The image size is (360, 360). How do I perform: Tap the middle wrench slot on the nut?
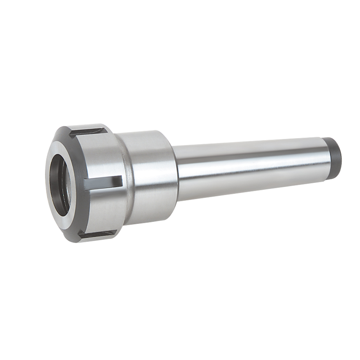click(x=104, y=183)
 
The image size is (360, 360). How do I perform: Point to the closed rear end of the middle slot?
click(x=120, y=182)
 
